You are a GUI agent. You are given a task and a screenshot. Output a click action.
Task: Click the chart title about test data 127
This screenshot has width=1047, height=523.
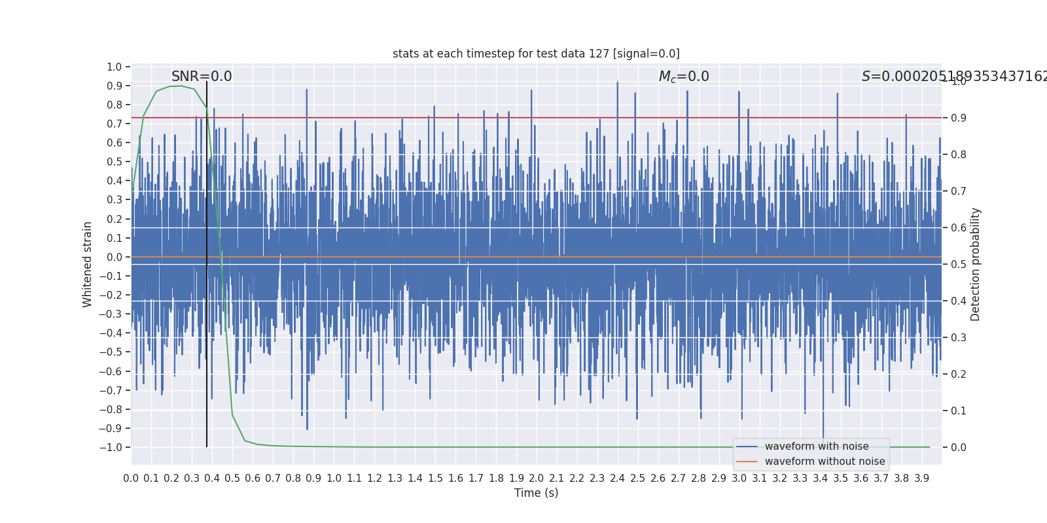(x=536, y=54)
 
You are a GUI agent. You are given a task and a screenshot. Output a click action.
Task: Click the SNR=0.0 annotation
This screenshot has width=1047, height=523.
(x=202, y=76)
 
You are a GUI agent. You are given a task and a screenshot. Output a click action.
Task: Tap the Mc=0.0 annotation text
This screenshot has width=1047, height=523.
(x=684, y=76)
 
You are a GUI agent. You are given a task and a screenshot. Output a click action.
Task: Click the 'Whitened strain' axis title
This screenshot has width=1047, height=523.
(x=88, y=264)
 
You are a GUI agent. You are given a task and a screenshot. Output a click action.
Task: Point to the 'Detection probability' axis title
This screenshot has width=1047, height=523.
(x=976, y=264)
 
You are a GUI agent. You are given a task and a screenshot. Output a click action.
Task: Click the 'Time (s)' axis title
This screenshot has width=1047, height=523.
(x=536, y=493)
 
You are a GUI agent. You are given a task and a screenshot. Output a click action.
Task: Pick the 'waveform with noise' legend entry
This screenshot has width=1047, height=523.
(x=817, y=447)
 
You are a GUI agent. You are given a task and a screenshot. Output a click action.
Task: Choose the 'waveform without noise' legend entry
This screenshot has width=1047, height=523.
(x=825, y=462)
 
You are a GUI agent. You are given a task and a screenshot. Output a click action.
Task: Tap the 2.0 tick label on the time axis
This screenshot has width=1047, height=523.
(x=537, y=479)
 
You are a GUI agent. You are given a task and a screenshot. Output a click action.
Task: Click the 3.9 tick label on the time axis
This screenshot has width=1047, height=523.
(x=922, y=479)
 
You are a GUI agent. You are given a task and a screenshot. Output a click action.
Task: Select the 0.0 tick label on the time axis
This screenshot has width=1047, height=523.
(x=131, y=479)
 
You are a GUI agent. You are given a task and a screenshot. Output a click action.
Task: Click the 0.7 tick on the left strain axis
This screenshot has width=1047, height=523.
(x=115, y=124)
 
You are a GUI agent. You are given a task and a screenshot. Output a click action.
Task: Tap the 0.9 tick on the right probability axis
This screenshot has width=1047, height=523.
(x=959, y=118)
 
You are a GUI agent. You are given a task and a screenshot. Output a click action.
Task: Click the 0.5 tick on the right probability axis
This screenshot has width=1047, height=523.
(x=959, y=264)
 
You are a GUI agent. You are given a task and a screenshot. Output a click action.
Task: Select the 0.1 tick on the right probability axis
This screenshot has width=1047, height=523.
(x=959, y=411)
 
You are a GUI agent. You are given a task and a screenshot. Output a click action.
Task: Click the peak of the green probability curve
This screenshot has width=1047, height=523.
(x=181, y=86)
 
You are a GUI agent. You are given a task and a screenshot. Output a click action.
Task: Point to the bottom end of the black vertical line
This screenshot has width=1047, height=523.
(x=207, y=447)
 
